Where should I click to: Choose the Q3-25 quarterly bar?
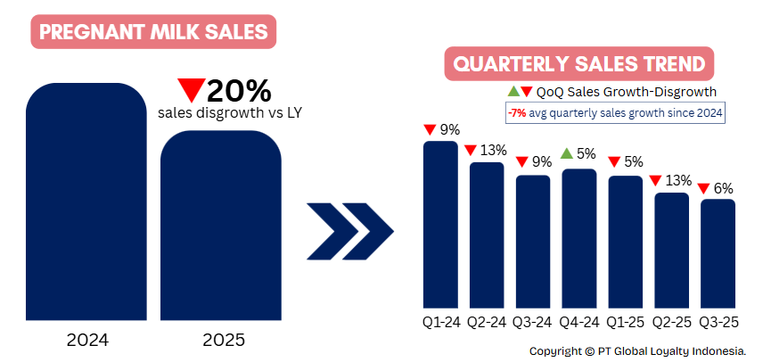[718, 253]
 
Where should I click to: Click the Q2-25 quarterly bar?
[672, 251]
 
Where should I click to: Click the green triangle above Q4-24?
[566, 153]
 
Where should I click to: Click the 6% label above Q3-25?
[723, 188]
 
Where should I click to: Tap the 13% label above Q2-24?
[493, 149]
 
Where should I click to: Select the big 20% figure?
[238, 90]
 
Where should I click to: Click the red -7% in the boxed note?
[516, 113]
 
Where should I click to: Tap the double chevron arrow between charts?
[349, 229]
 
